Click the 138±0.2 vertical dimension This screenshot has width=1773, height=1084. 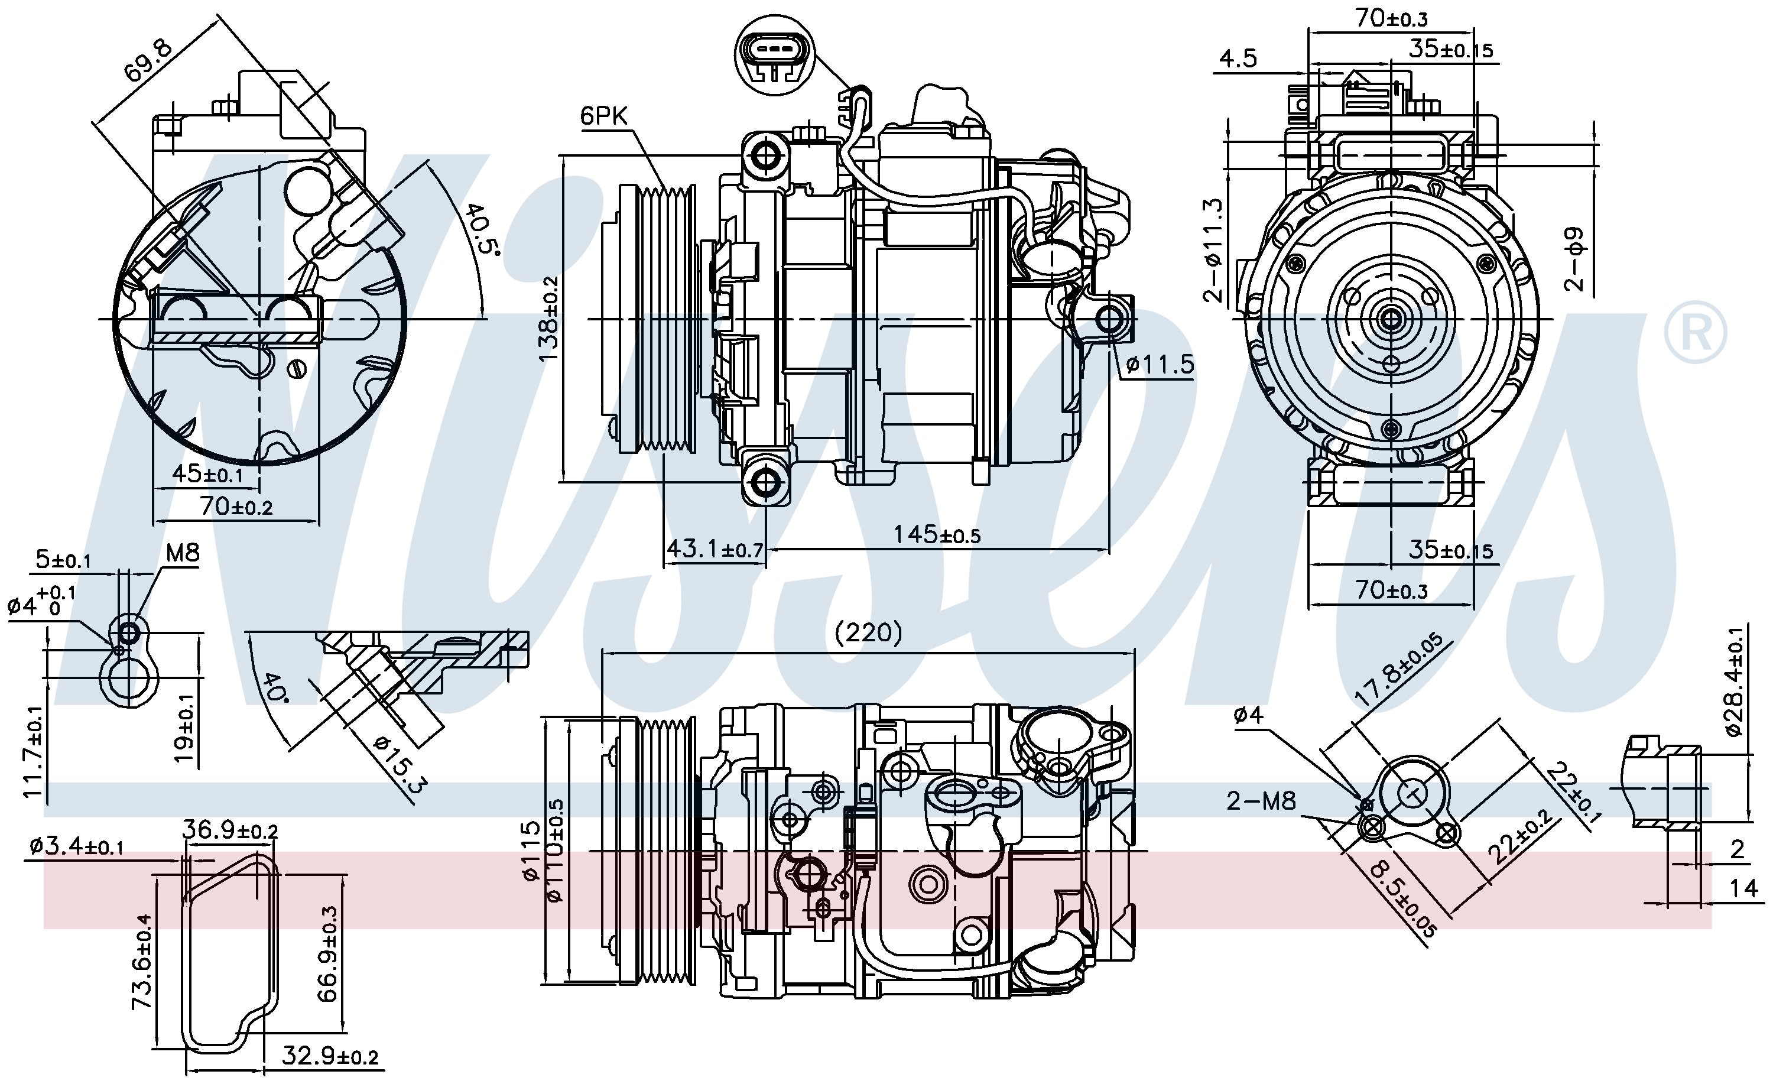(x=549, y=318)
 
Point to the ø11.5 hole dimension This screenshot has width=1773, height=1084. (x=1159, y=364)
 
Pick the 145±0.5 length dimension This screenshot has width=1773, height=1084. (x=936, y=535)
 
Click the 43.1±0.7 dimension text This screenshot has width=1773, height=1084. (x=714, y=549)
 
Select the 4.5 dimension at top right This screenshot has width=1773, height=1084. (x=1238, y=59)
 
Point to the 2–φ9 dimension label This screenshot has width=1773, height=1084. (x=1575, y=258)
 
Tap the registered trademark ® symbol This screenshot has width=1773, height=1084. (x=1694, y=332)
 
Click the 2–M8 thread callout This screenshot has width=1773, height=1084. (x=1261, y=800)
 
